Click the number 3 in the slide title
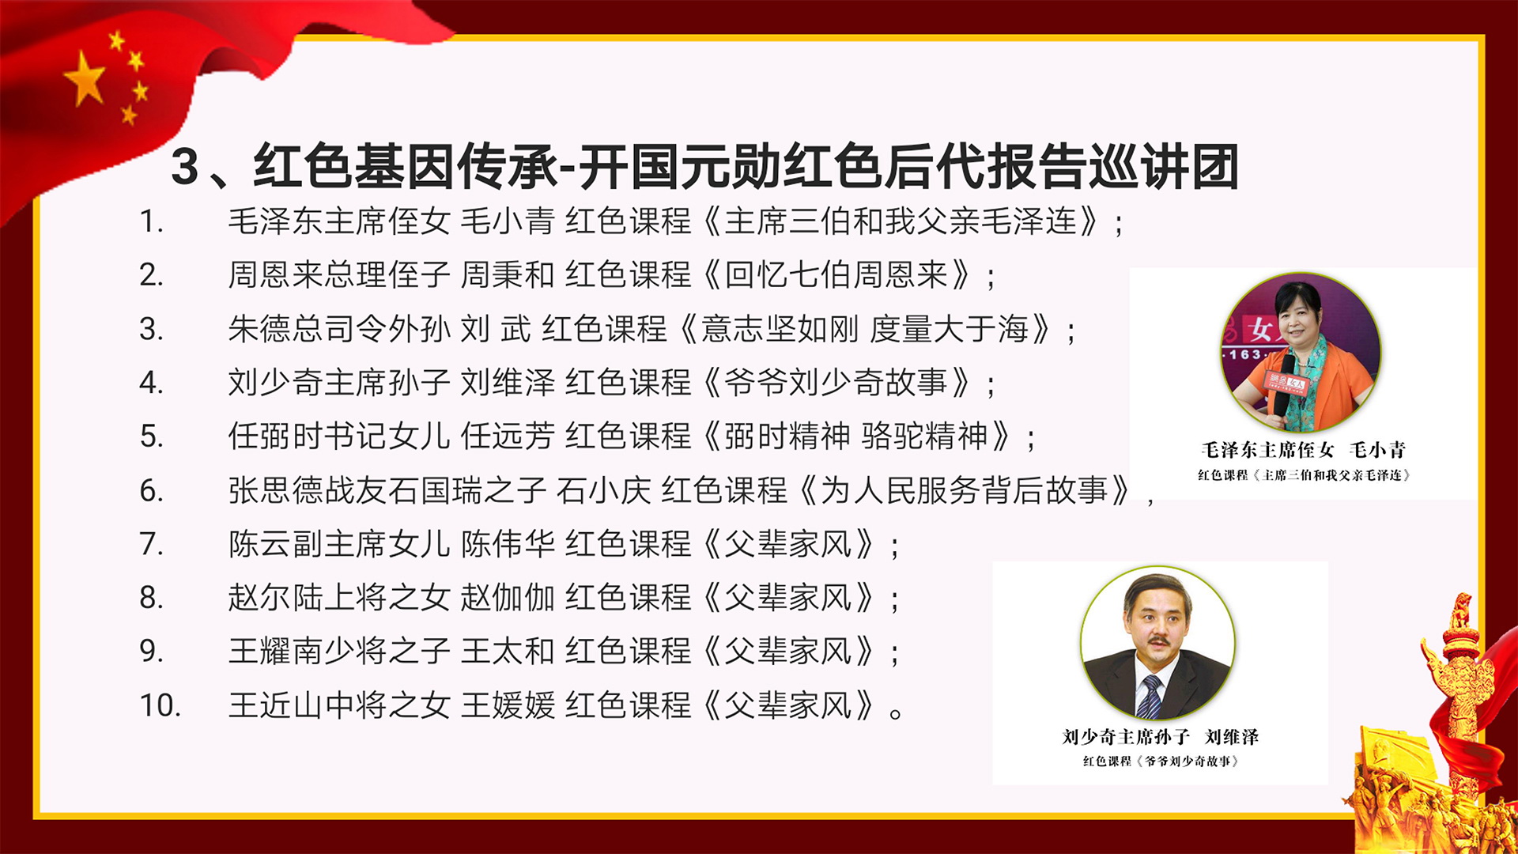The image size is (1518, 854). tap(185, 167)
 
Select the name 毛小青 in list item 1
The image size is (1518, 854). tap(508, 221)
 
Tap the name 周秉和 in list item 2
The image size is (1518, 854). tap(508, 274)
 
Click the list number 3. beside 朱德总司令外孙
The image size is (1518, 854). tap(152, 329)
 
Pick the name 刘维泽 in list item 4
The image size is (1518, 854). tap(508, 383)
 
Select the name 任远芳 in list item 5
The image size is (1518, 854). tap(508, 436)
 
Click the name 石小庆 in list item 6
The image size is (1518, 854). tap(604, 490)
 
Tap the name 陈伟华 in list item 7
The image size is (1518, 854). tap(508, 544)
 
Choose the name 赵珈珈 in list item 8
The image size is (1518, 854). tap(508, 598)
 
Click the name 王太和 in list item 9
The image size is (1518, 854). tap(508, 652)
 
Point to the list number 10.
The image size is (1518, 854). tap(160, 705)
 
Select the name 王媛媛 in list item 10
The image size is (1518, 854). tap(508, 705)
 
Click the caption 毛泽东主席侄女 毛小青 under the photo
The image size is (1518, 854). tap(1304, 450)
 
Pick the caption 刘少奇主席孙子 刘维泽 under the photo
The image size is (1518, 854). tap(1161, 737)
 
